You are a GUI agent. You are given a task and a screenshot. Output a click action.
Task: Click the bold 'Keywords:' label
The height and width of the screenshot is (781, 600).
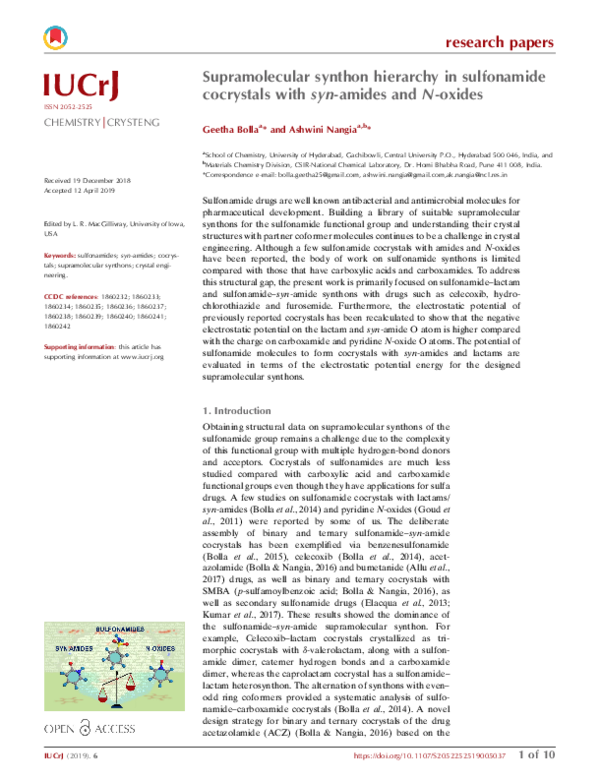(x=60, y=256)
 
